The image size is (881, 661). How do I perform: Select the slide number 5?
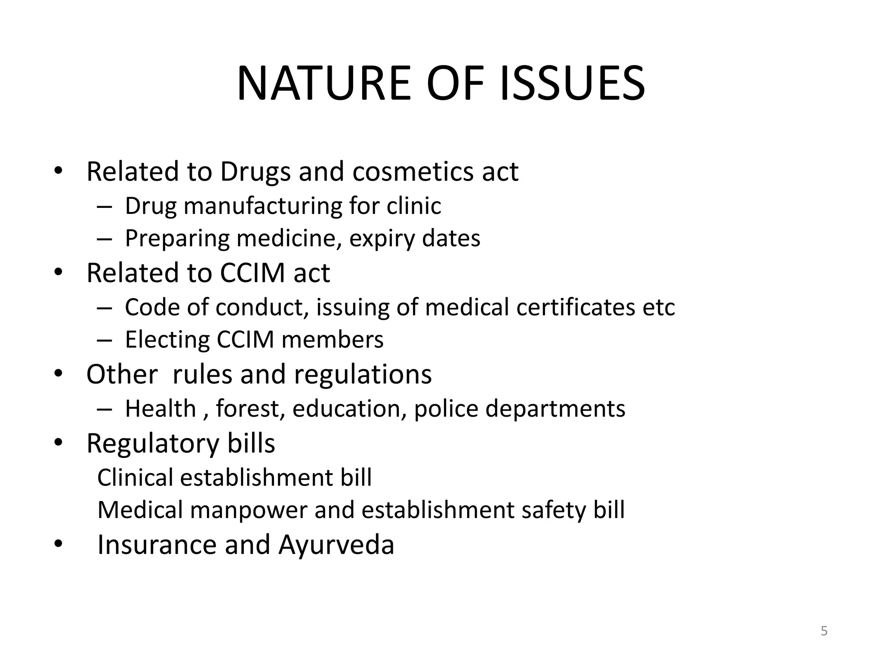pos(824,631)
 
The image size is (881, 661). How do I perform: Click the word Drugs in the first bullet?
pos(256,172)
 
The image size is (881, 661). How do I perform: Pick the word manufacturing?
pos(262,206)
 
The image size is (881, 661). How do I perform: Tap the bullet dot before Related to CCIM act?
pos(59,272)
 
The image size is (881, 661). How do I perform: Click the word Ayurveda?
pos(336,545)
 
